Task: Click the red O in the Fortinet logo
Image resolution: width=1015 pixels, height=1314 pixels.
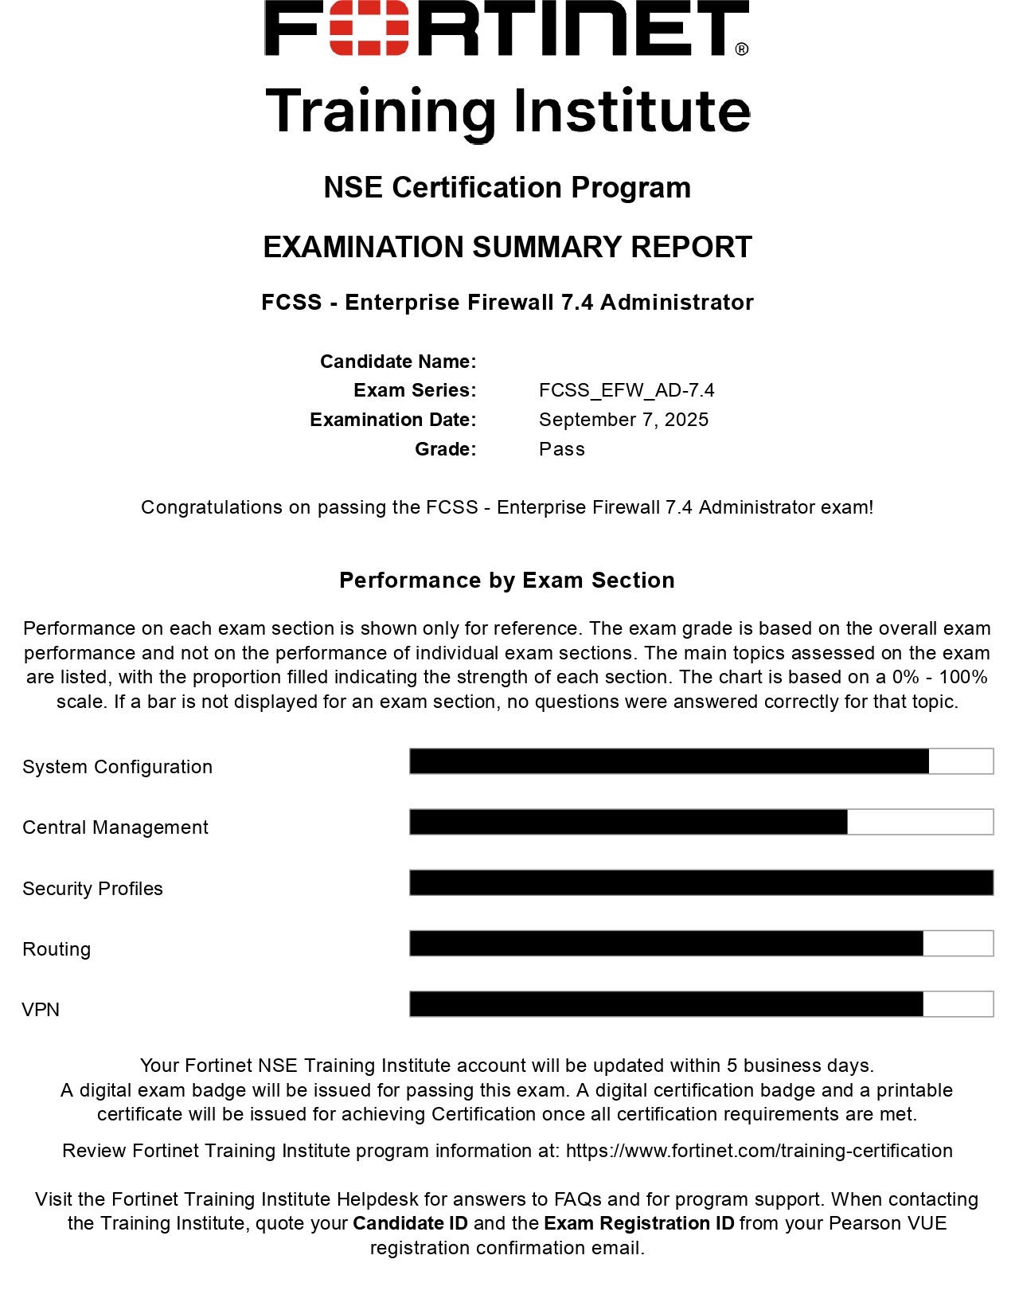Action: [369, 27]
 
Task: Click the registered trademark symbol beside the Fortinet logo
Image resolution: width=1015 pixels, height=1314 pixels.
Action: [741, 49]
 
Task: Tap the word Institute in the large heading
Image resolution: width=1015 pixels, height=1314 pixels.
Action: [632, 111]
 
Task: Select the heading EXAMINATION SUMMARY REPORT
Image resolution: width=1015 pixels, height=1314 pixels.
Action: [507, 248]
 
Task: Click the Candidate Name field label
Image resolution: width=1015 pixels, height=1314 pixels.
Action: [398, 362]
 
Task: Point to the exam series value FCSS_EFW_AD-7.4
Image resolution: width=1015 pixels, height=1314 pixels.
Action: [627, 390]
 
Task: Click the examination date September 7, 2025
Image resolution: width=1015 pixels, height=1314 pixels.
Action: [623, 420]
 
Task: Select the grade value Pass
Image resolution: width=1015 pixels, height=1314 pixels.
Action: [561, 449]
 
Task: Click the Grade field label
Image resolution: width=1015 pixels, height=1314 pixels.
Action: [445, 449]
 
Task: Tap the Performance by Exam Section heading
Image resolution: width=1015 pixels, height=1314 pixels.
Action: [507, 581]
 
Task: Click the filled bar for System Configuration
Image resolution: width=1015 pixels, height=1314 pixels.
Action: [669, 761]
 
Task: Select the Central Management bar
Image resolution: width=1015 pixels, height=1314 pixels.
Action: [628, 822]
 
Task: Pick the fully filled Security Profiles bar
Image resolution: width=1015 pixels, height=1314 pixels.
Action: [701, 882]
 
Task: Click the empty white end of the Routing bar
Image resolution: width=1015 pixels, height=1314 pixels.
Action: [958, 944]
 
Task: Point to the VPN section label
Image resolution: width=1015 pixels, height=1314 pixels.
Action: [41, 1010]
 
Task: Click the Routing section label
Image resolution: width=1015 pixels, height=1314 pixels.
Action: [57, 949]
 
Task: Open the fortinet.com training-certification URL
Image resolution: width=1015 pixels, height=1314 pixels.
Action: [759, 1151]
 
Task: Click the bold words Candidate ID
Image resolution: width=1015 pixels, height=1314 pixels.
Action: [410, 1223]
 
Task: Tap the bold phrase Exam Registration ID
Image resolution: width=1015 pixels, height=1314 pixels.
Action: [638, 1223]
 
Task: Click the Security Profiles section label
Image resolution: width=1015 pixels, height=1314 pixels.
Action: [92, 889]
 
